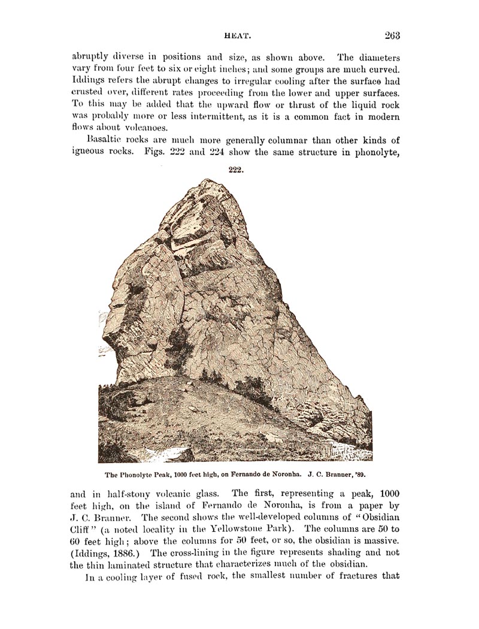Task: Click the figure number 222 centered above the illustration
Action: tap(235, 170)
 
